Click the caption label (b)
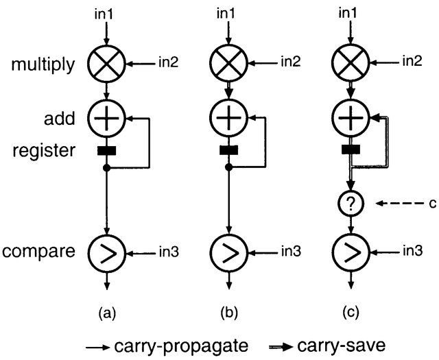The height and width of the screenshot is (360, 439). click(230, 313)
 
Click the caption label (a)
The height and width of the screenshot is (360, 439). click(107, 313)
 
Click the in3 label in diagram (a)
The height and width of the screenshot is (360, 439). click(169, 253)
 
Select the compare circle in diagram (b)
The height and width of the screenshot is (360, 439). click(230, 253)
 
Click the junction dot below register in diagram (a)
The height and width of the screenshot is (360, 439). click(107, 167)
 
